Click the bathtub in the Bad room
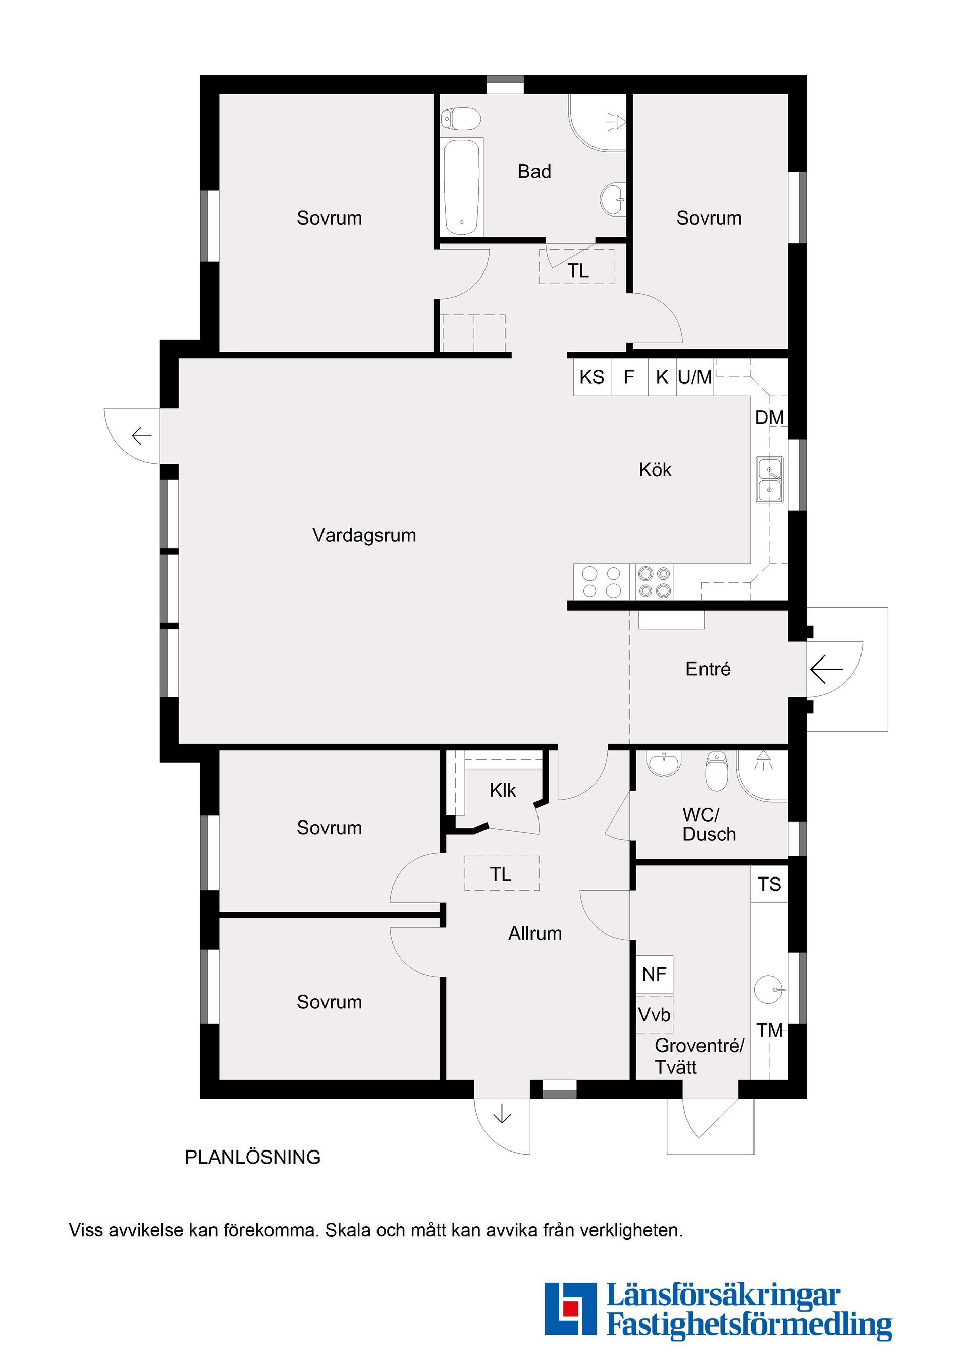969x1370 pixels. click(462, 187)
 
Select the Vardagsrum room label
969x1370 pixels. click(364, 535)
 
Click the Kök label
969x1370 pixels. click(655, 470)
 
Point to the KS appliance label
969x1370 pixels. click(592, 377)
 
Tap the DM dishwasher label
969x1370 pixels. click(769, 418)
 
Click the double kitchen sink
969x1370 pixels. click(770, 479)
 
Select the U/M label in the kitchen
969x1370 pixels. click(694, 377)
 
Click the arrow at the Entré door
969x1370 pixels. click(826, 669)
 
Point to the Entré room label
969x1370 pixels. click(708, 669)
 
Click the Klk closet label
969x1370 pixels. click(502, 791)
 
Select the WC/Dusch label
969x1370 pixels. click(709, 824)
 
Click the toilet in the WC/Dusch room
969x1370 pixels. click(717, 771)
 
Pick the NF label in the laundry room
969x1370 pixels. click(654, 974)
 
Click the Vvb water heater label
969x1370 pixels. click(655, 1014)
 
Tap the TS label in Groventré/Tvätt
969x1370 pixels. click(769, 884)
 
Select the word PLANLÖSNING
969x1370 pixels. click(252, 1157)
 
